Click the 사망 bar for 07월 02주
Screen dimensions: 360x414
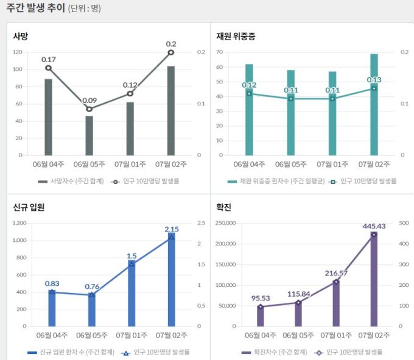170,110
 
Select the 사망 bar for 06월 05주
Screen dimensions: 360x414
89,135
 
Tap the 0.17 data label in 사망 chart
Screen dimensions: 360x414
49,59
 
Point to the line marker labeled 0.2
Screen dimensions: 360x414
171,52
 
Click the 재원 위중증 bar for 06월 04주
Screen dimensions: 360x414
249,110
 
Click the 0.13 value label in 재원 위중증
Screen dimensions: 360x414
374,80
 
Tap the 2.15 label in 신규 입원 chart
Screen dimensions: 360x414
171,229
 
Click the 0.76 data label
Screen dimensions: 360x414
92,286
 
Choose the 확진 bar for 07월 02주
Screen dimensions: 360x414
374,280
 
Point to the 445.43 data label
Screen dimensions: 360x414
374,226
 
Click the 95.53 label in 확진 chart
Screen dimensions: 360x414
260,298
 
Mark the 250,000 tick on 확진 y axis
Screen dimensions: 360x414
226,223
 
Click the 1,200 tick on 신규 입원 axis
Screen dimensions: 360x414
19,223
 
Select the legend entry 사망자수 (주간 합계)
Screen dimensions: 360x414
71,181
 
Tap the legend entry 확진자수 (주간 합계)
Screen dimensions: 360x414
276,352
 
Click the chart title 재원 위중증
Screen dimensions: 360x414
236,37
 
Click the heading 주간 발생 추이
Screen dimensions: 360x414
34,8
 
